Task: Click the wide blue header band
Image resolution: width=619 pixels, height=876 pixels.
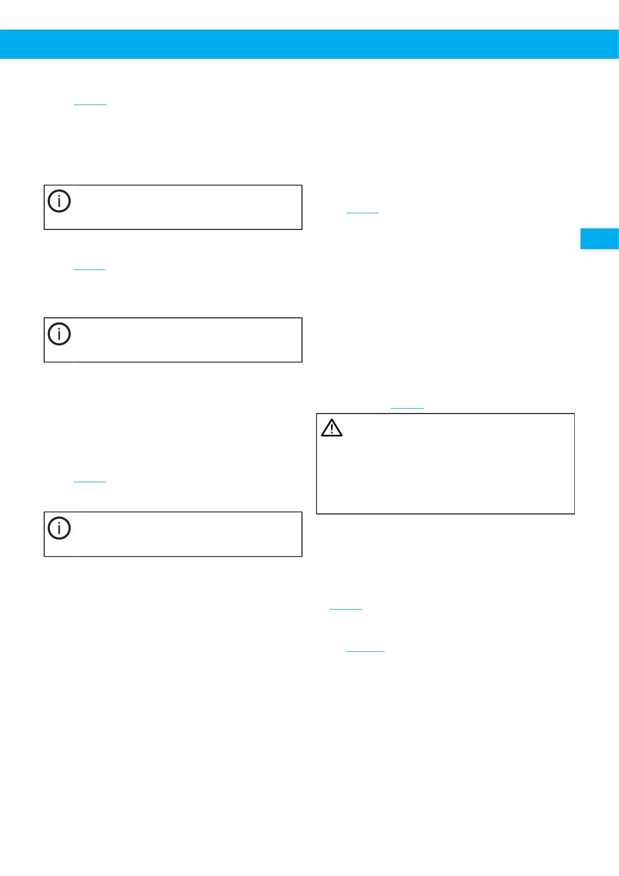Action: pos(309,44)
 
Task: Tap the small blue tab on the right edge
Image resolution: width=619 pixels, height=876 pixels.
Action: pos(599,239)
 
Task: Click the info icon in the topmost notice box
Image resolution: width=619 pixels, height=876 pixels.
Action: pos(59,201)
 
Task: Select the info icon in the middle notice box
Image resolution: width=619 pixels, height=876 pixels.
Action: pos(59,334)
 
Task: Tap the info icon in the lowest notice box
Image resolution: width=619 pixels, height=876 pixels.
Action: pos(59,528)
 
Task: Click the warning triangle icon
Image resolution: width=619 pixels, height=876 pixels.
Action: pos(332,428)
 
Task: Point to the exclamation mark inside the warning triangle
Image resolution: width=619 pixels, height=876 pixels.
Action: pos(332,429)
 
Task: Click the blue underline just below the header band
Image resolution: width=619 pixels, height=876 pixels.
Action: pos(90,105)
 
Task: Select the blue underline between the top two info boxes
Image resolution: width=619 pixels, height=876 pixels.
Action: pos(89,269)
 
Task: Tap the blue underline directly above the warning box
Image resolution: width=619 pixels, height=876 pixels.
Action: pos(407,409)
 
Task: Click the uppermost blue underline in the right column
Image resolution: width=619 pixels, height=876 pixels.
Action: pos(362,213)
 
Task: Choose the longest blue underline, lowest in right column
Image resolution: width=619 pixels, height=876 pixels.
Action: pos(365,651)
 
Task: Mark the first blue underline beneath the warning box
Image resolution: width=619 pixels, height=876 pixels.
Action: pos(346,609)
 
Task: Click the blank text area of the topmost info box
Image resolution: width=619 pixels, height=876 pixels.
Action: pos(187,207)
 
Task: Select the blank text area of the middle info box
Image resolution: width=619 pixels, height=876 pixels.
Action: pos(187,340)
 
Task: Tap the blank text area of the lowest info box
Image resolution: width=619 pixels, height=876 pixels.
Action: pos(187,534)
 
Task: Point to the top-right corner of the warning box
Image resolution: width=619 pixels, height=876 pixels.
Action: pos(574,414)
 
